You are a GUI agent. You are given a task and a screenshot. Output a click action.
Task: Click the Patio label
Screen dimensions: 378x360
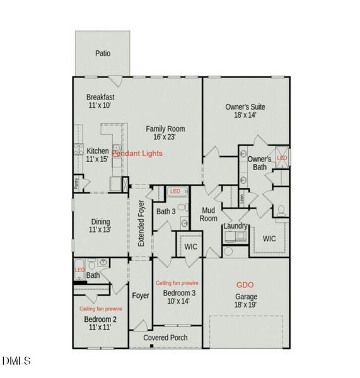click(103, 54)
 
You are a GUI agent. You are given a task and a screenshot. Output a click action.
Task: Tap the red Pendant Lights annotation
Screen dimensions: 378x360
click(137, 153)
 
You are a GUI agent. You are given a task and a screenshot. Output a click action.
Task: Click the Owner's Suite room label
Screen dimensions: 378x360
click(245, 107)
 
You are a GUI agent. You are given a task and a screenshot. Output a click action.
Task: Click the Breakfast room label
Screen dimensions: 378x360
click(100, 97)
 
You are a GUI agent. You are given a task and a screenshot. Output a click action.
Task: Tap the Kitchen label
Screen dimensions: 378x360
click(98, 151)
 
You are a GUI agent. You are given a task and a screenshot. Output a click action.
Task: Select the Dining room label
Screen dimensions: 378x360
click(100, 221)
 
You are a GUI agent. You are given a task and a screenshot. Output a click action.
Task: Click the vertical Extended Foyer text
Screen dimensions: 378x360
click(141, 223)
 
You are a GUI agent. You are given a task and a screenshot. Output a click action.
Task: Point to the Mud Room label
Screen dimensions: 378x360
click(209, 215)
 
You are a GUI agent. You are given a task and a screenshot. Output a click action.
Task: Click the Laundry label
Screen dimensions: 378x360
click(235, 226)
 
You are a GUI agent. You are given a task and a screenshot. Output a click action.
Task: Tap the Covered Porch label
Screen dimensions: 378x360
click(165, 338)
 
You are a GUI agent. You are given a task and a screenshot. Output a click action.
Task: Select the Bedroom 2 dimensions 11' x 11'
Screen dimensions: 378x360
click(100, 328)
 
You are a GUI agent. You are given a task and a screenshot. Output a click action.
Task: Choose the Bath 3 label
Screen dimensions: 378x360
click(166, 211)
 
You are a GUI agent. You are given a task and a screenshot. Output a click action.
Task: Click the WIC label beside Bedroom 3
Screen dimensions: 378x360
click(190, 246)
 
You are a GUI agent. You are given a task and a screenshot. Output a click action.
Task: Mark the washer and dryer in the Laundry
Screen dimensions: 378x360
click(234, 237)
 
